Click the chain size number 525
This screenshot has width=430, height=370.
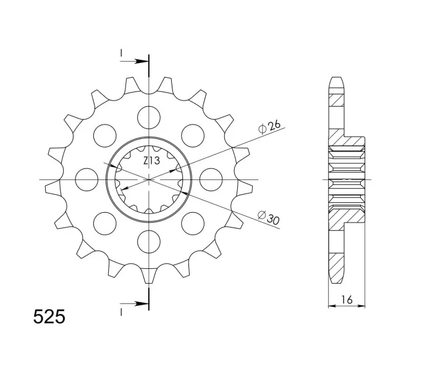[x=49, y=317]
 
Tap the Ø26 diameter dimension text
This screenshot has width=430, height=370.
[x=269, y=127]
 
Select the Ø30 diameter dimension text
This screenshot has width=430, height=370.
[x=269, y=217]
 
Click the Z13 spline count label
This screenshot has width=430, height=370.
[x=151, y=161]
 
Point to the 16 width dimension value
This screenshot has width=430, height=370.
[x=347, y=300]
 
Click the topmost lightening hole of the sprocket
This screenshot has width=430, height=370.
[x=149, y=117]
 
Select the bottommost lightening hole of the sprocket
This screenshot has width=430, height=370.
[x=149, y=242]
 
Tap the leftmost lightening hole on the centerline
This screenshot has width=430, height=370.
[x=86, y=179]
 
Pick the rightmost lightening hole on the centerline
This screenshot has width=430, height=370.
[x=211, y=179]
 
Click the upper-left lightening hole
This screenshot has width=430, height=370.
[x=105, y=136]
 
